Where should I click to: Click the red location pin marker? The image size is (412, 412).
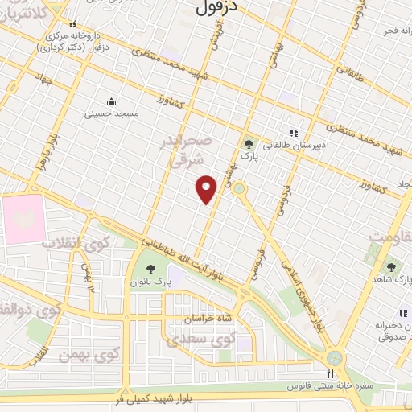pyautogui.click(x=207, y=189)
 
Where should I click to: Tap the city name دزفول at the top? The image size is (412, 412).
pyautogui.click(x=217, y=9)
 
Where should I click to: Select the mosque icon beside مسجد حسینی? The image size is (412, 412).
pyautogui.click(x=111, y=101)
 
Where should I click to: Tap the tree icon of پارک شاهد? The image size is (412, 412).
pyautogui.click(x=392, y=266)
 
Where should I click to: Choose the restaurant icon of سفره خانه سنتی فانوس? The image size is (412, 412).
pyautogui.click(x=329, y=373)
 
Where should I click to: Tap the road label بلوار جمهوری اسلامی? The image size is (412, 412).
pyautogui.click(x=301, y=289)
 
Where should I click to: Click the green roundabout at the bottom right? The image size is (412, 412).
pyautogui.click(x=335, y=357)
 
